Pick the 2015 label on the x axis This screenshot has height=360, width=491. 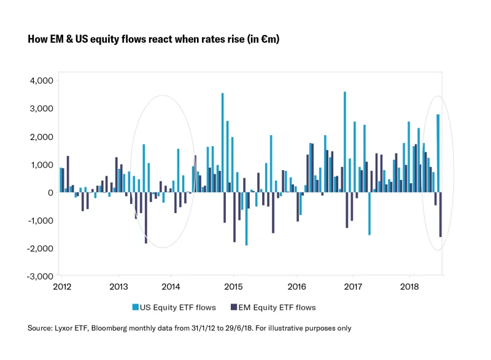(233, 286)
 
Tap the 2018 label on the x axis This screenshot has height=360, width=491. (409, 286)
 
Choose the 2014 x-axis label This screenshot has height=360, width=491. (170, 286)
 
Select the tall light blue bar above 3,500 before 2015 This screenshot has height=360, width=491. (222, 143)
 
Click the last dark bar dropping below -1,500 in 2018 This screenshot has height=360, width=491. (441, 214)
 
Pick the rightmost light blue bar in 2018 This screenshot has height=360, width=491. (438, 153)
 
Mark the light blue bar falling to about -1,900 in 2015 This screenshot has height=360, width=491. (246, 219)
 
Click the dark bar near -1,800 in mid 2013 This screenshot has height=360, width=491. (146, 217)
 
